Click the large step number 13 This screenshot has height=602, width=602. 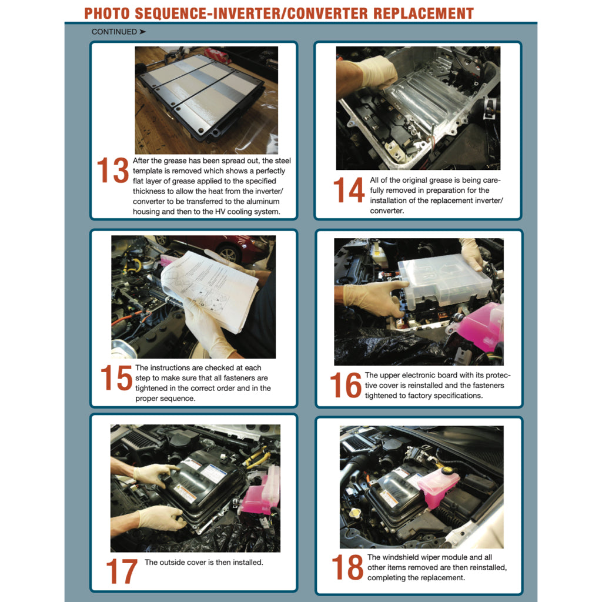tap(112, 170)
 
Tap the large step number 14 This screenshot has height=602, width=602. tap(349, 190)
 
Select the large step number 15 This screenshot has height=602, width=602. tap(116, 378)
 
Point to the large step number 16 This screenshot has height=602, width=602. tap(346, 385)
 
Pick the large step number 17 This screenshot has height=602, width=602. tap(122, 571)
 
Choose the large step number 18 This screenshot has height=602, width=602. tap(347, 567)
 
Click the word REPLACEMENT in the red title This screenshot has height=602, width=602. tap(423, 14)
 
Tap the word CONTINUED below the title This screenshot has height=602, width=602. tap(114, 32)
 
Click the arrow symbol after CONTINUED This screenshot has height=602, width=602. tap(142, 32)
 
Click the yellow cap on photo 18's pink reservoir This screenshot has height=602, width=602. tap(447, 470)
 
